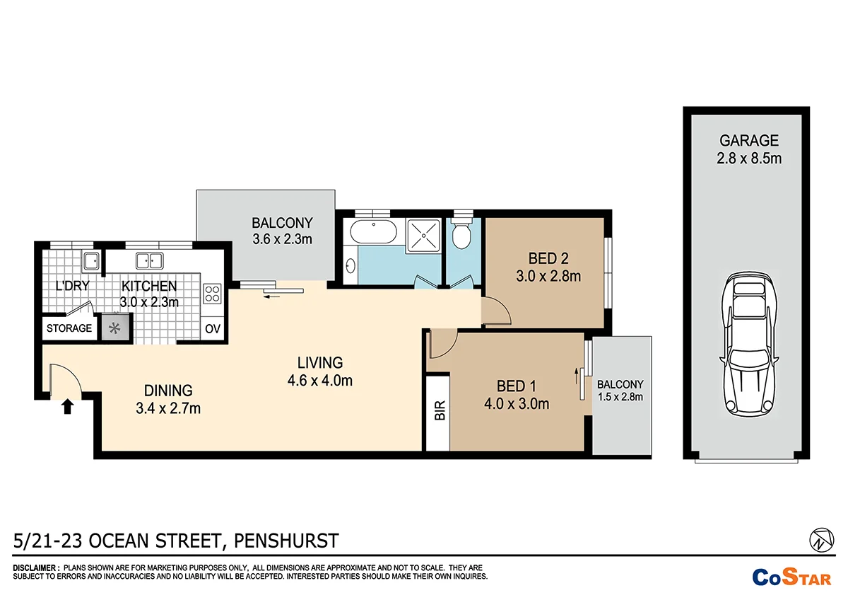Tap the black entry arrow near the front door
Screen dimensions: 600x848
pyautogui.click(x=68, y=405)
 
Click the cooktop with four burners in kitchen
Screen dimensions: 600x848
pyautogui.click(x=212, y=294)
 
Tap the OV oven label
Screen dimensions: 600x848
pyautogui.click(x=212, y=328)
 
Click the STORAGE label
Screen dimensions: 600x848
pyautogui.click(x=69, y=328)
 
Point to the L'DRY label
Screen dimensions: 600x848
pyautogui.click(x=71, y=287)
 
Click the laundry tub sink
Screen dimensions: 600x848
pyautogui.click(x=90, y=262)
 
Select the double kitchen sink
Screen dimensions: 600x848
pyautogui.click(x=150, y=260)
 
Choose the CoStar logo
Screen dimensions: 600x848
pyautogui.click(x=791, y=577)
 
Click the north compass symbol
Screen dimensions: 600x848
pyautogui.click(x=820, y=541)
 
